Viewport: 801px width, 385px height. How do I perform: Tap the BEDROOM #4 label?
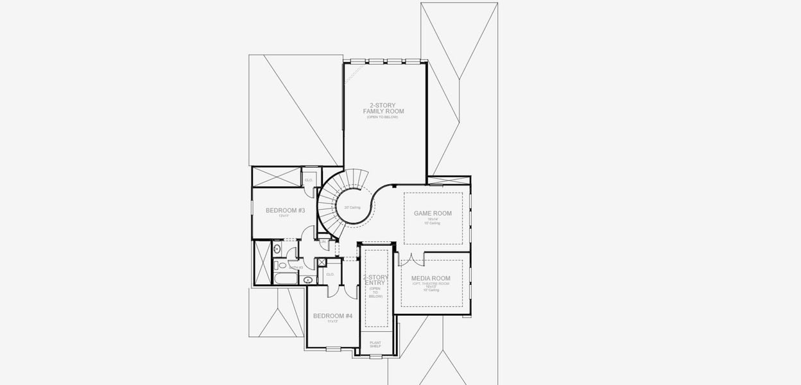click(x=332, y=316)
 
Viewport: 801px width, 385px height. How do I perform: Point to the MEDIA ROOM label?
click(x=431, y=278)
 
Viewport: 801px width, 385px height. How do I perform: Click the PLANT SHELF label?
click(x=375, y=345)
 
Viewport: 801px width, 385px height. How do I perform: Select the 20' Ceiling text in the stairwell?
click(x=352, y=207)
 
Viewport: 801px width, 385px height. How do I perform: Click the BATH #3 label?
click(x=296, y=268)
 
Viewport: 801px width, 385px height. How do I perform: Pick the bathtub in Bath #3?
click(x=285, y=278)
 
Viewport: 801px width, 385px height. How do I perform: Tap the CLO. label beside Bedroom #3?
click(x=309, y=180)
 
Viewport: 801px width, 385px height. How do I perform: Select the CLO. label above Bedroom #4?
click(x=330, y=274)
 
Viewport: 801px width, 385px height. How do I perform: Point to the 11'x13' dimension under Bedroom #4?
click(x=332, y=321)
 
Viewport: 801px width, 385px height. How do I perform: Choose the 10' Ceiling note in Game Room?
click(x=432, y=223)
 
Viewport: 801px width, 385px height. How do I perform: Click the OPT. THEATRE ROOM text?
click(x=431, y=283)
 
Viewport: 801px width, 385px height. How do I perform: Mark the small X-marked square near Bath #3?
click(x=322, y=262)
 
